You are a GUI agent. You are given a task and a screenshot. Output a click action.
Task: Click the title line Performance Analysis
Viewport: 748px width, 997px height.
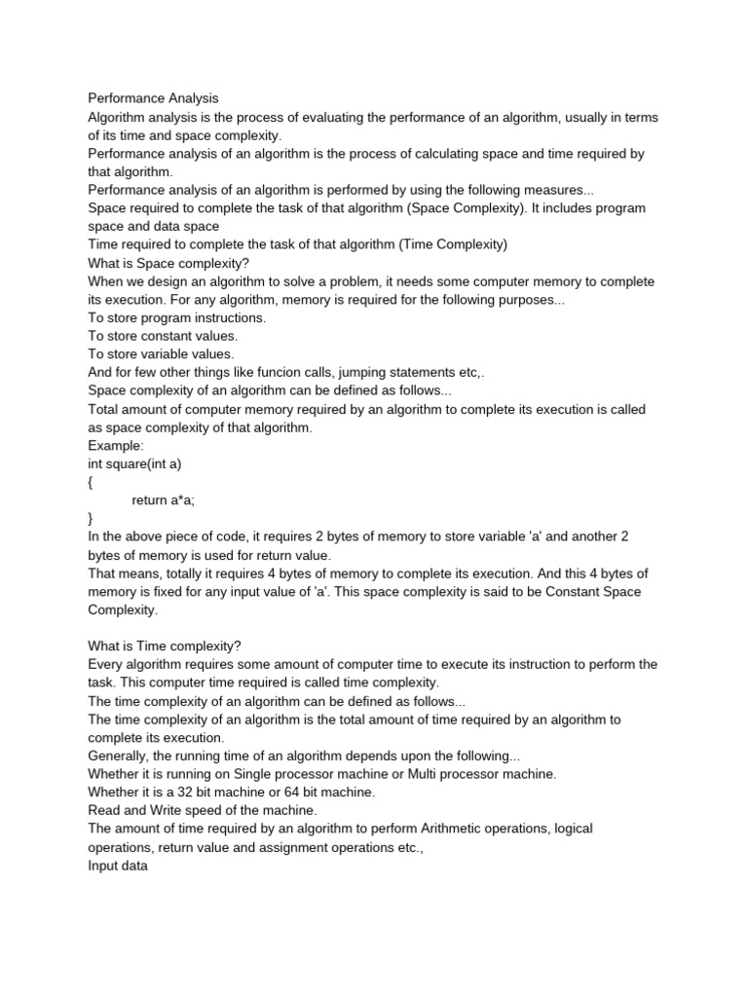click(x=153, y=98)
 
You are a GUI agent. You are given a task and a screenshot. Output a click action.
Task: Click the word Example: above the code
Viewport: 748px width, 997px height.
click(x=115, y=445)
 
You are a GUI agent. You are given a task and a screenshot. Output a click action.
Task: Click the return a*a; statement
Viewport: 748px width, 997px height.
click(x=169, y=500)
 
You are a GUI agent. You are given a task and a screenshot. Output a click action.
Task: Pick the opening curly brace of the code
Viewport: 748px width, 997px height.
click(x=91, y=482)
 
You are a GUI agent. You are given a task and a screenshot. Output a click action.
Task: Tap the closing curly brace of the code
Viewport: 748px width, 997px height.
click(x=91, y=519)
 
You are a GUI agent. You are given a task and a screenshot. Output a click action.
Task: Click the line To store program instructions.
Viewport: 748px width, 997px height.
click(x=176, y=317)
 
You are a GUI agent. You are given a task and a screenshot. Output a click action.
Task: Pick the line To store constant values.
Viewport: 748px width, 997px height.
click(x=163, y=336)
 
